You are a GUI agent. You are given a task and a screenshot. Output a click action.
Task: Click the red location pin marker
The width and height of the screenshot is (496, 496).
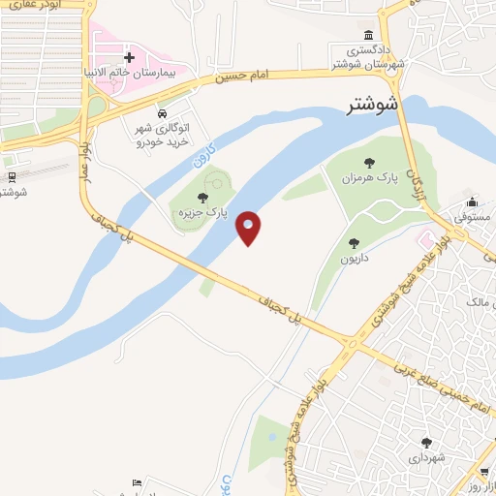click(249, 228)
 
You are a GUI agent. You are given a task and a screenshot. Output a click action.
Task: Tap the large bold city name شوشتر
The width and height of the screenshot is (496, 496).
click(373, 105)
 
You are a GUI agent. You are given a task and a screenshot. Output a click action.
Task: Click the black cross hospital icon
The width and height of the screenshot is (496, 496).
click(129, 59)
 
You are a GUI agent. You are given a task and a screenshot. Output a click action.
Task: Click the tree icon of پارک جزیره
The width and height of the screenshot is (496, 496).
click(201, 199)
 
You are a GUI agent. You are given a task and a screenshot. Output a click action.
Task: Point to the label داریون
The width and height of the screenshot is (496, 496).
click(356, 260)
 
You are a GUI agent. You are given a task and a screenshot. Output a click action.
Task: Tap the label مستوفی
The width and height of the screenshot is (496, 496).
click(473, 221)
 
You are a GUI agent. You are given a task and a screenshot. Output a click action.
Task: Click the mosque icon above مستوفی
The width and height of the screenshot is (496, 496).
click(471, 202)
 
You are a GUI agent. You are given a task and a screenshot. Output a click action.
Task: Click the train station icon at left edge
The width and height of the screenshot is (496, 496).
click(12, 176)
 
